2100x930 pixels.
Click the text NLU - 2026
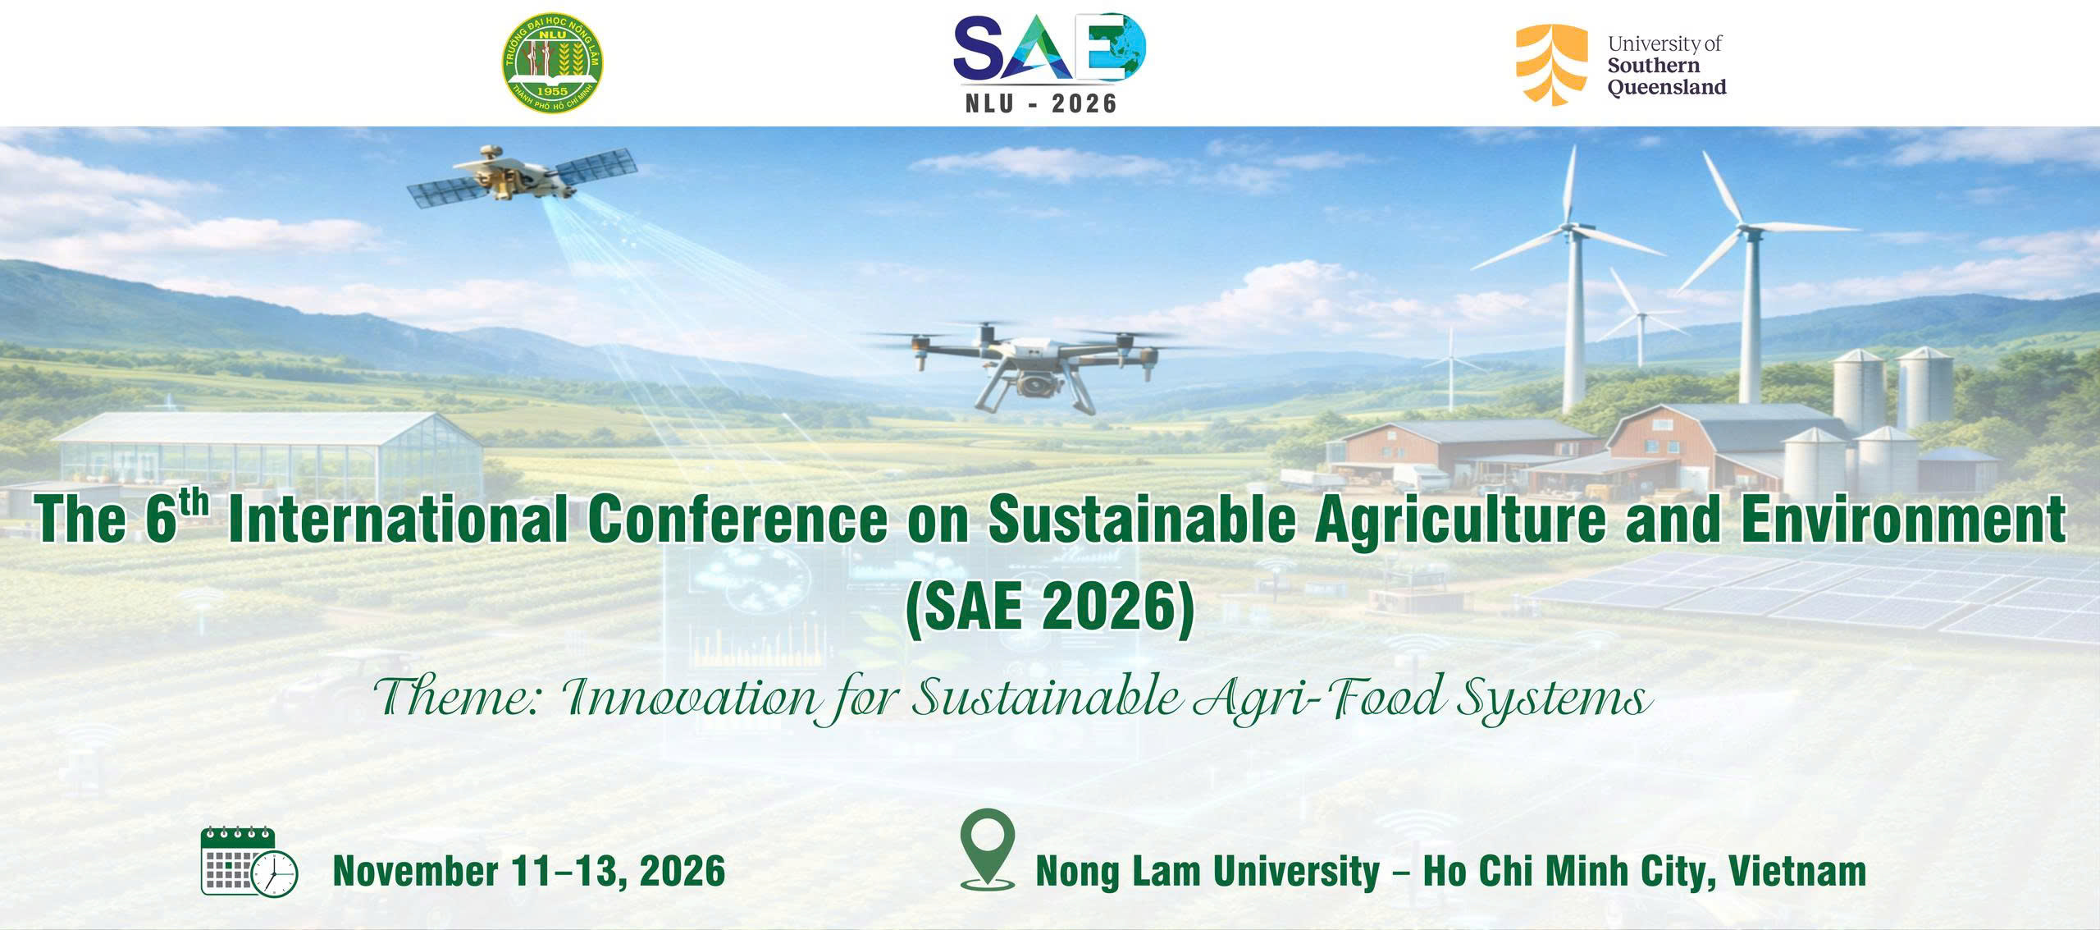pyautogui.click(x=1041, y=103)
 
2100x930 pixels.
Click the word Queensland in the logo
pyautogui.click(x=1667, y=87)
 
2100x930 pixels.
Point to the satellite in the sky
pyautogui.click(x=523, y=176)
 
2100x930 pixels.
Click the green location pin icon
pyautogui.click(x=987, y=849)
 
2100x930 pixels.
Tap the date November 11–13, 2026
pyautogui.click(x=529, y=871)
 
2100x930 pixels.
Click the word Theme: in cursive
pyautogui.click(x=457, y=699)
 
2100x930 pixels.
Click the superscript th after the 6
pyautogui.click(x=199, y=501)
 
